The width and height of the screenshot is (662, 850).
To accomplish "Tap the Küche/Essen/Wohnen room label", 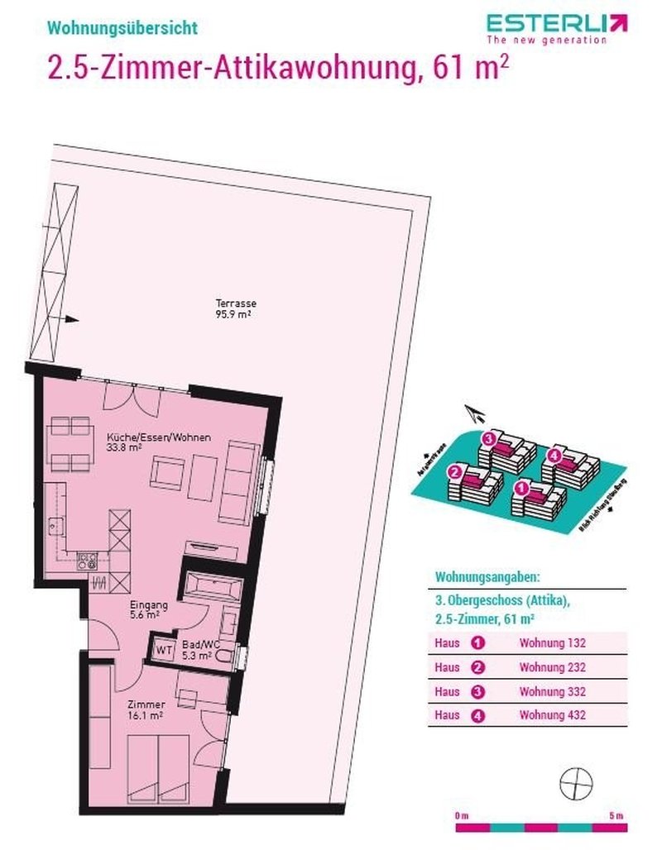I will pyautogui.click(x=158, y=442).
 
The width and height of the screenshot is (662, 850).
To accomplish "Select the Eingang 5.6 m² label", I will pyautogui.click(x=150, y=610).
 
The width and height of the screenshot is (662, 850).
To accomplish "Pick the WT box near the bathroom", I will pyautogui.click(x=164, y=650).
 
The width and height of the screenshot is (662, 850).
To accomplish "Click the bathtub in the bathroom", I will pyautogui.click(x=212, y=589).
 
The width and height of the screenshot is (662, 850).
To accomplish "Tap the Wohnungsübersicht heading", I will pyautogui.click(x=122, y=27).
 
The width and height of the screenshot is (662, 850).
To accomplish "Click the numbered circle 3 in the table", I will pyautogui.click(x=477, y=690).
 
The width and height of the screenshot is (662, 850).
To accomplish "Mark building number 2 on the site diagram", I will pyautogui.click(x=453, y=474).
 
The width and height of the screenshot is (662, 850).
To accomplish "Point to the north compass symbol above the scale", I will pyautogui.click(x=577, y=781).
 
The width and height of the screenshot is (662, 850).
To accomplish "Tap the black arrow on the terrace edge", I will pyautogui.click(x=70, y=319).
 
